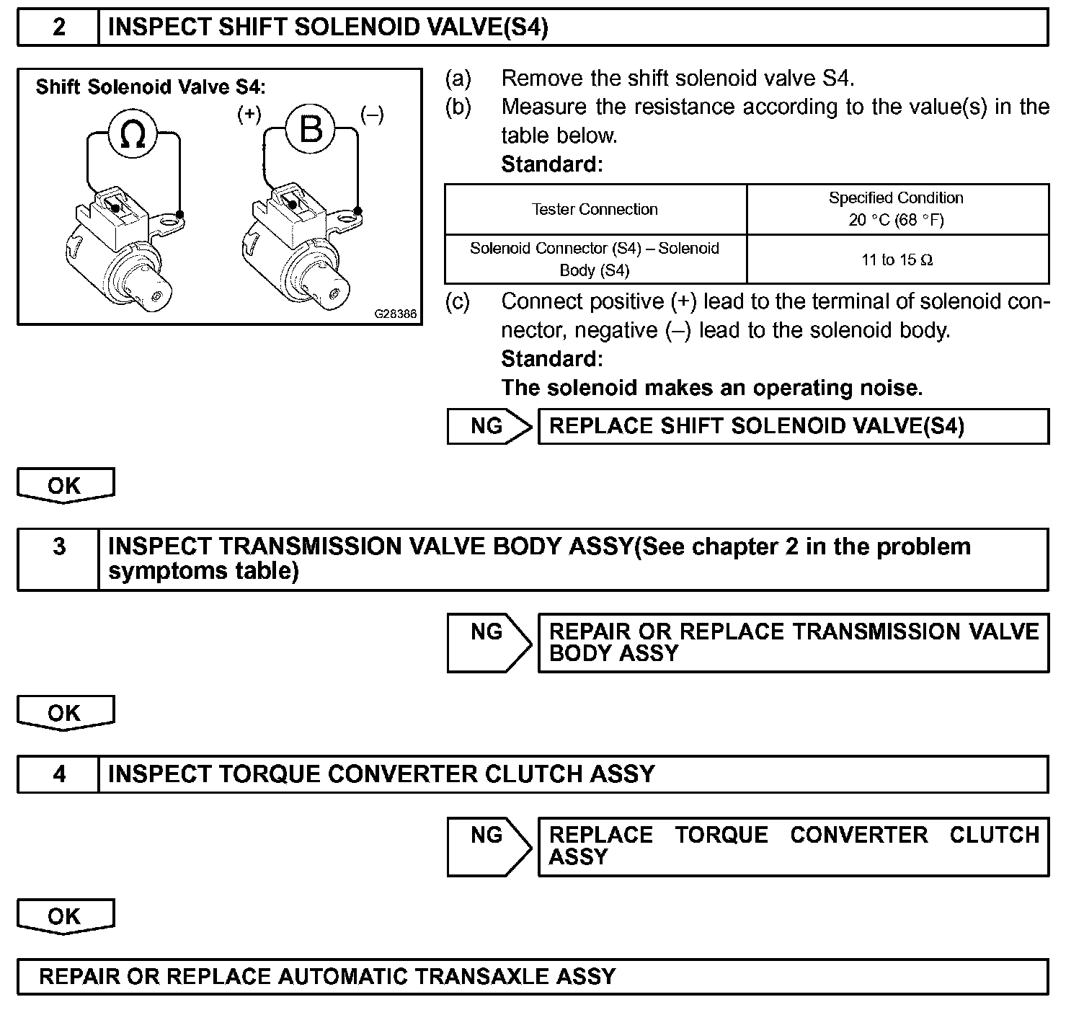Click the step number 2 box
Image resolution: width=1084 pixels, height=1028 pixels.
coord(58,27)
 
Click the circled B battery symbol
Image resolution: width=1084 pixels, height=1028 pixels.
coord(310,130)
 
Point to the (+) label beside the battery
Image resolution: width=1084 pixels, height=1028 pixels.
coord(249,115)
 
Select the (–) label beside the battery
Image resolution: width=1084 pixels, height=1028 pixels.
coord(372,115)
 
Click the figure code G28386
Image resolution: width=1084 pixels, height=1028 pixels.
coord(395,314)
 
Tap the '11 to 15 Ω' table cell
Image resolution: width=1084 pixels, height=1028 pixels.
coord(897,260)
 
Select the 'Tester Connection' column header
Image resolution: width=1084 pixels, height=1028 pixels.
coord(595,209)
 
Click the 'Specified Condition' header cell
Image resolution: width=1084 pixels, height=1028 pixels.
coord(897,208)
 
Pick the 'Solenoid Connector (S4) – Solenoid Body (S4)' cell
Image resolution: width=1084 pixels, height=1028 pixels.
coord(595,259)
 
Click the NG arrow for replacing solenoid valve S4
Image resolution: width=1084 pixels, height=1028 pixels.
coord(489,426)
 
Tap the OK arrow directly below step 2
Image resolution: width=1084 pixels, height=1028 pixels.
coord(65,485)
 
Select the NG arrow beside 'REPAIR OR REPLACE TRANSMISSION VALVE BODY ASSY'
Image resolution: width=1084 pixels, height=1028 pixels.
coord(489,642)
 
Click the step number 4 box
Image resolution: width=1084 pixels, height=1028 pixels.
coord(58,774)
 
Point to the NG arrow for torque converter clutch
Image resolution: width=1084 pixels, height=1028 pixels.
coord(489,846)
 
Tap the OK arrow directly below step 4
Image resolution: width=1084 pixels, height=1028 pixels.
coord(65,916)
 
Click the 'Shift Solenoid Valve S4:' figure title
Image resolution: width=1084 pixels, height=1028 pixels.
coord(151,87)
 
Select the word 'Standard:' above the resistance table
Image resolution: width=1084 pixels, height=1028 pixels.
coord(551,164)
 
